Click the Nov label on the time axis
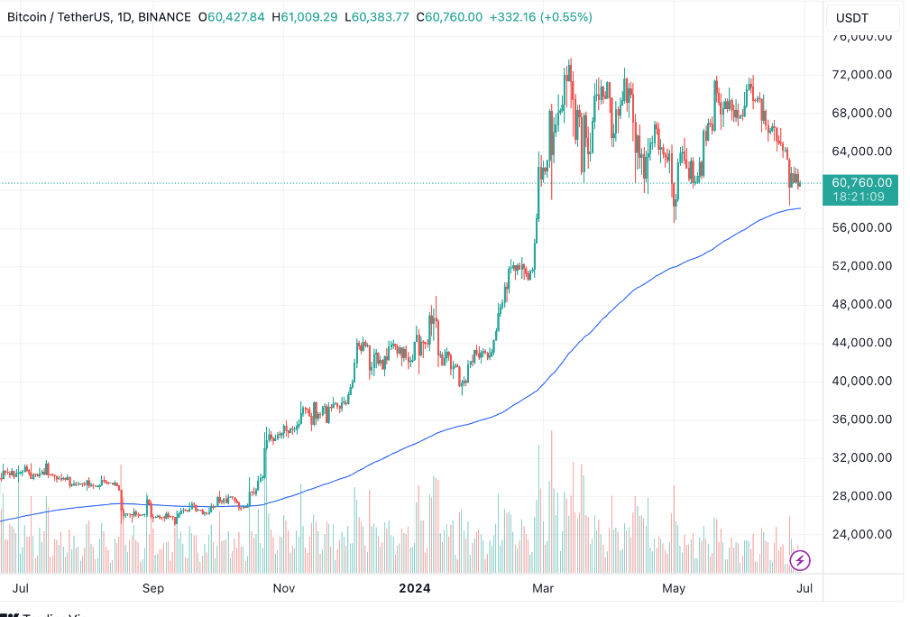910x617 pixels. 284,589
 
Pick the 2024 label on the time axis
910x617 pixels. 415,589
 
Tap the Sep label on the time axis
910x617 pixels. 152,589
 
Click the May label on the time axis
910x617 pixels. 674,589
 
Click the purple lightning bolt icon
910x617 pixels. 800,561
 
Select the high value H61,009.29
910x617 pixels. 308,17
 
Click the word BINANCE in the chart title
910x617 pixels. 161,17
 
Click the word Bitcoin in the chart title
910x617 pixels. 29,17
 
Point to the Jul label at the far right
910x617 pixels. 805,589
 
